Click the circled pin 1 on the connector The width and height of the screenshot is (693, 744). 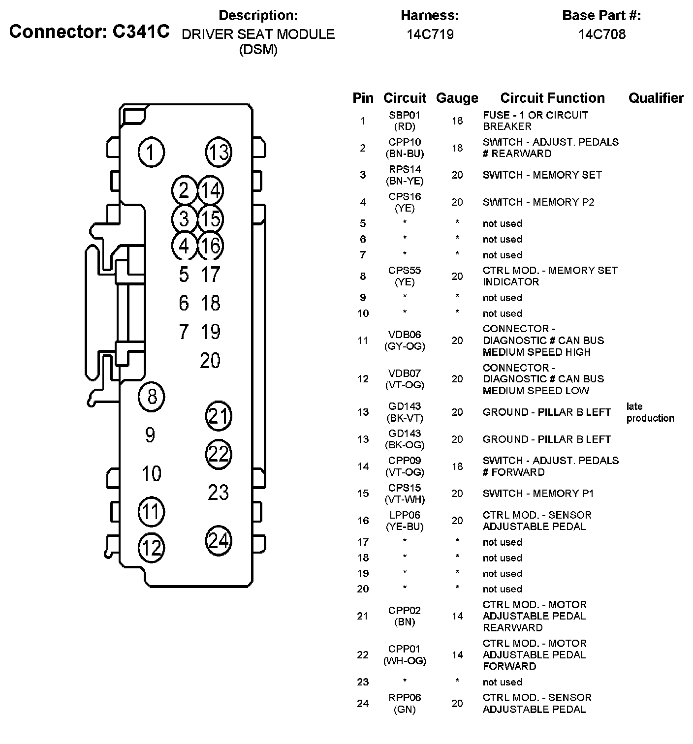152,152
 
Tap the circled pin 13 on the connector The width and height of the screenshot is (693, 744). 218,152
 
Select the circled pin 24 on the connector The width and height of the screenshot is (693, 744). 218,540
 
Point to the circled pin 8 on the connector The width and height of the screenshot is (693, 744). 152,396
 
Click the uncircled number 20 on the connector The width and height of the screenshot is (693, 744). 210,361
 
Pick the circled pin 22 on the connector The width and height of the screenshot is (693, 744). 218,453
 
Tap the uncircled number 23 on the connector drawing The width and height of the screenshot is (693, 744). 218,492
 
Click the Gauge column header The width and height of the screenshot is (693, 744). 457,98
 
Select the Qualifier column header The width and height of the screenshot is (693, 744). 656,98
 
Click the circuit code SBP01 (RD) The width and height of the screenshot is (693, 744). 405,121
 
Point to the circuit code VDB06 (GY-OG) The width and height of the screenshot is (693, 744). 405,341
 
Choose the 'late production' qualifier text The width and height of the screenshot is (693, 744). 650,412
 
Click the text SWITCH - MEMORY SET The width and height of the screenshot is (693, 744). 542,175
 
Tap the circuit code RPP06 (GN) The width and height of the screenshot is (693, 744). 405,703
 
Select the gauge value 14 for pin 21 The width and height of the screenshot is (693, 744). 457,616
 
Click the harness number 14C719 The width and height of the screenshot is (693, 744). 430,34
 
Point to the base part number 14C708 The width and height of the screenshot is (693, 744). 601,34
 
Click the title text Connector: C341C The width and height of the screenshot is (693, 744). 89,31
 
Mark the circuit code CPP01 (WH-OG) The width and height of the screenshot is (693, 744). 405,655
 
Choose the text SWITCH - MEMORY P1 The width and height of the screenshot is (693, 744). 538,494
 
